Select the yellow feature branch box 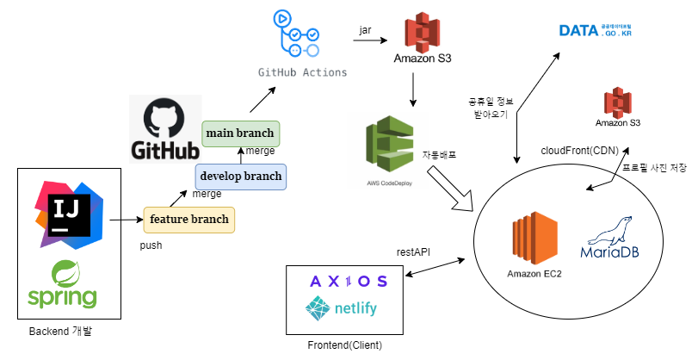point(188,220)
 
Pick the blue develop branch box point(240,177)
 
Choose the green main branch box point(240,133)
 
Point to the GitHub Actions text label point(303,72)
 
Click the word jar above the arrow point(365,30)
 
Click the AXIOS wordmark point(348,282)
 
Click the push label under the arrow point(151,245)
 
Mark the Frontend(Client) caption point(344,344)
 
